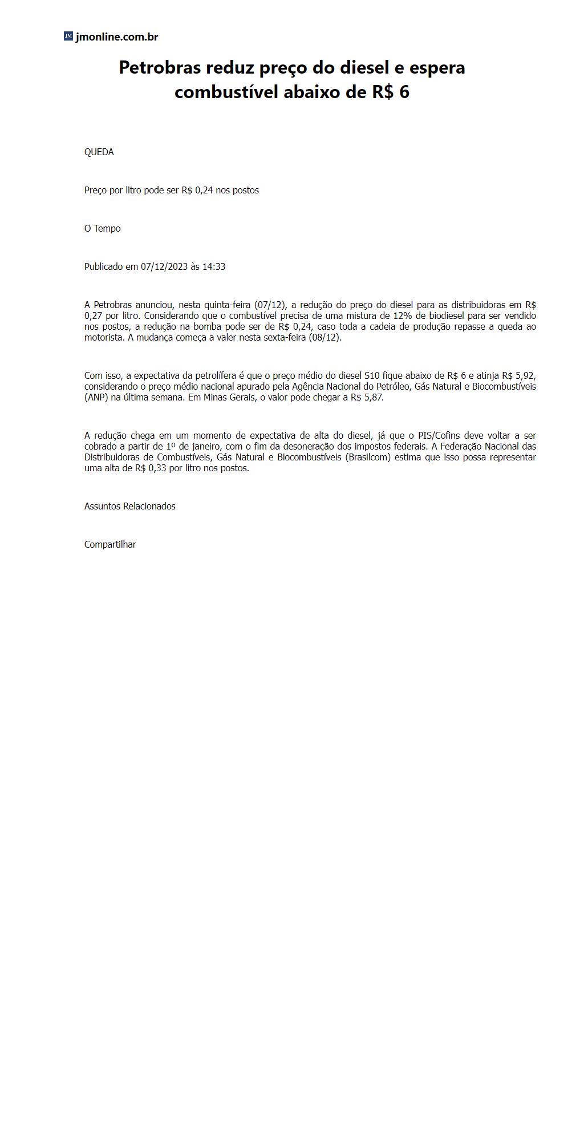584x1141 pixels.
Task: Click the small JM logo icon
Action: tap(68, 37)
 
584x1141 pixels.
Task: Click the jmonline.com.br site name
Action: tap(116, 37)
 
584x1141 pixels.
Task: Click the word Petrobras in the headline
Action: tap(160, 67)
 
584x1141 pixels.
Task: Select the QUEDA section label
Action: tap(99, 152)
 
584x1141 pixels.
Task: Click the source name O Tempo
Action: tap(102, 228)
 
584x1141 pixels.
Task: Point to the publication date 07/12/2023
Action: tap(164, 266)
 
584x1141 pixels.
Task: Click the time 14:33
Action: tap(214, 266)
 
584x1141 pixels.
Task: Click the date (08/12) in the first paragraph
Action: tap(325, 337)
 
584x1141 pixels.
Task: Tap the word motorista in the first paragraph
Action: tap(104, 337)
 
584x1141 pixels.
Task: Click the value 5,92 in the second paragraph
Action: tap(525, 375)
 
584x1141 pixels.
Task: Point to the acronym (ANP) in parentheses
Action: tap(96, 397)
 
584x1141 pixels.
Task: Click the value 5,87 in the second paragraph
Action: tap(373, 397)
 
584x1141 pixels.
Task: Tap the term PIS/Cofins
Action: tap(439, 435)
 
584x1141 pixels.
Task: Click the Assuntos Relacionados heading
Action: tap(129, 506)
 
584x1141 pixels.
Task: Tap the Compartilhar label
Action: tap(110, 544)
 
